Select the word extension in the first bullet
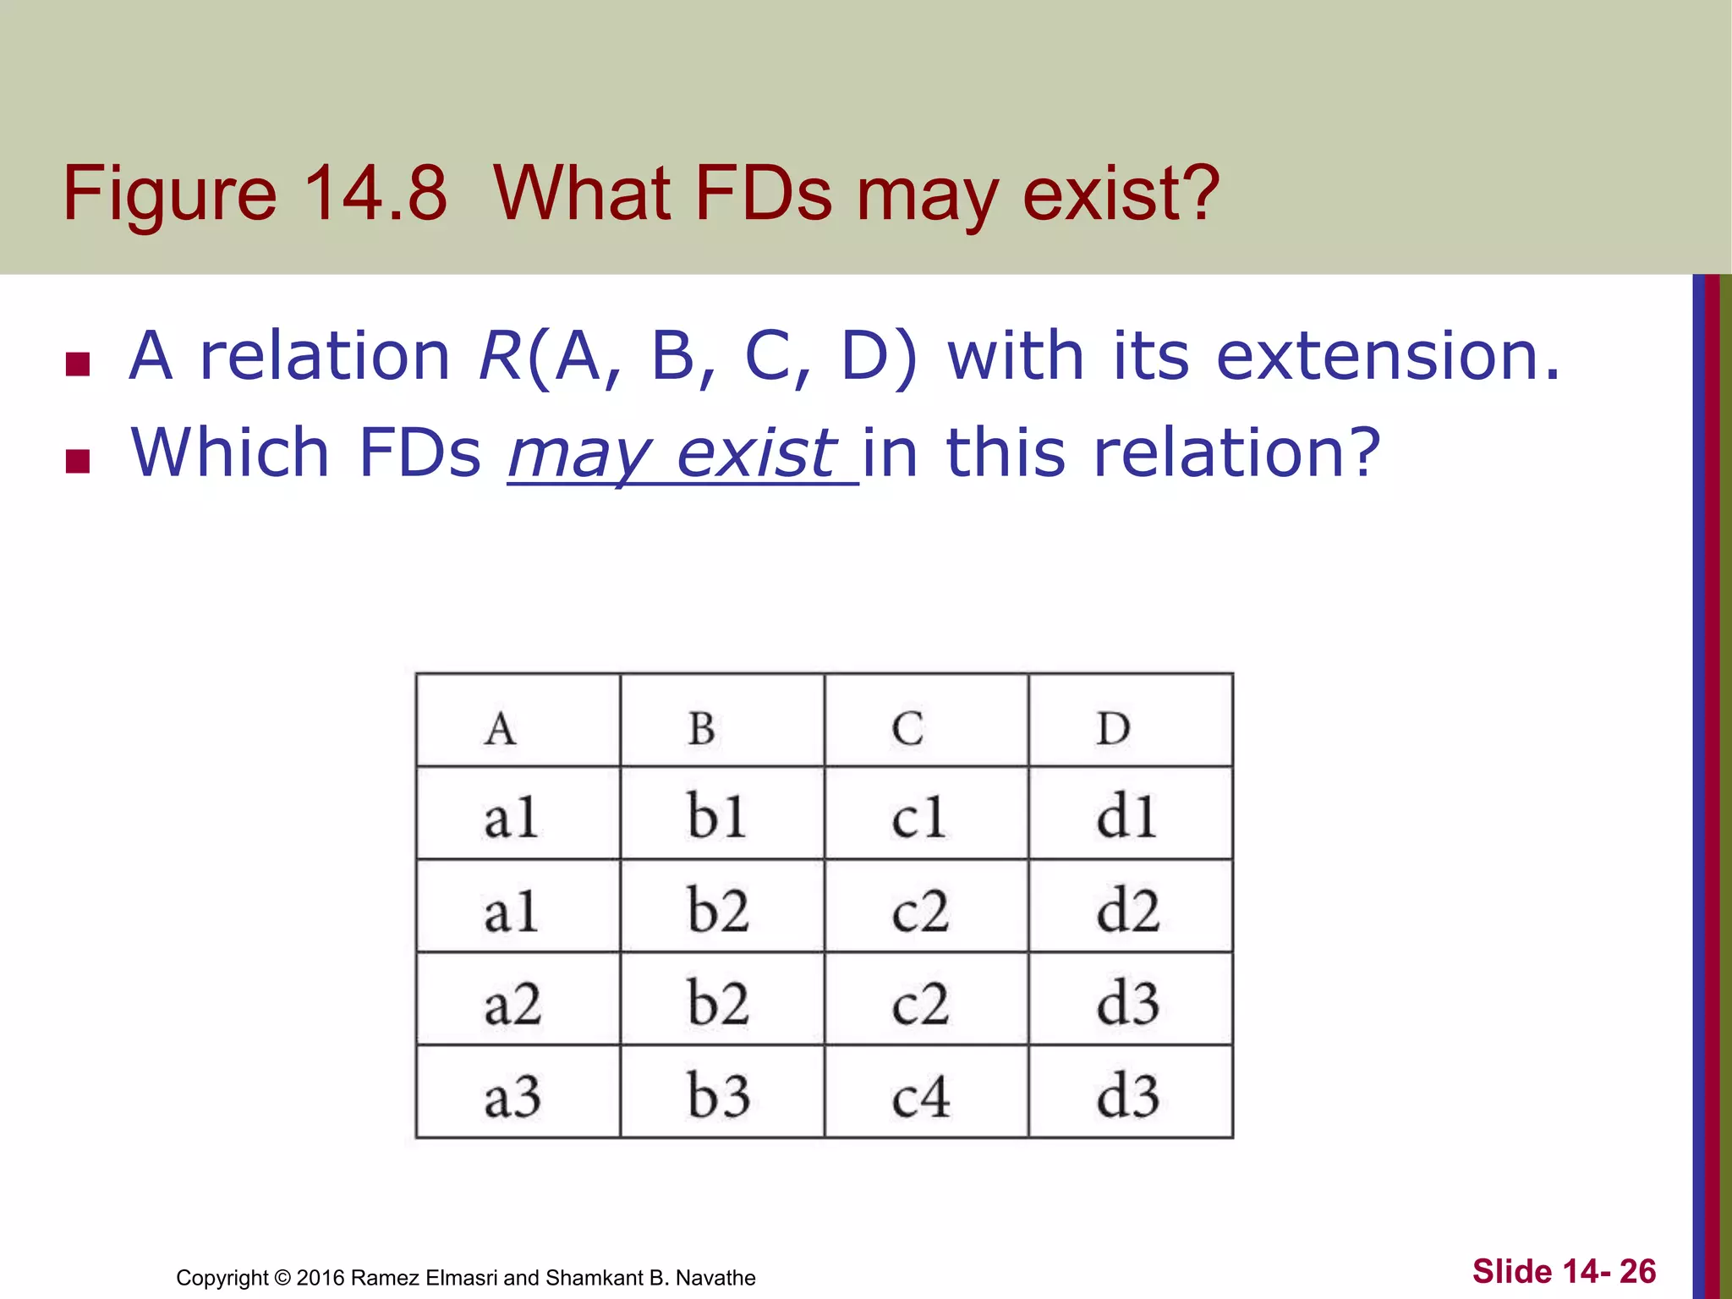pyautogui.click(x=1387, y=356)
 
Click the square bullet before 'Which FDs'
pyautogui.click(x=78, y=461)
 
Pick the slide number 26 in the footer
pyautogui.click(x=1637, y=1271)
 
